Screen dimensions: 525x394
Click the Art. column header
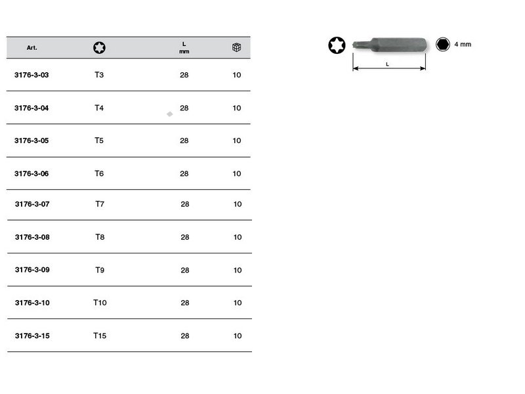(31, 47)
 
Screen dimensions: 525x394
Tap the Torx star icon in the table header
(100, 47)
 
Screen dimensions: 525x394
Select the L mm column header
(184, 47)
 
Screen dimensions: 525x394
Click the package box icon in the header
(237, 47)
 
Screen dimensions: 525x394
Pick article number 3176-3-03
(31, 75)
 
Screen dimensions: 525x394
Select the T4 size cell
(99, 108)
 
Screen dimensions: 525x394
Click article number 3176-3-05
(31, 141)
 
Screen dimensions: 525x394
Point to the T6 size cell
(99, 173)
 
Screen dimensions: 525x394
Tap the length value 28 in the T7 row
(185, 204)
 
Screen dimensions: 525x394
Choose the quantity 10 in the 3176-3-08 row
(238, 237)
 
